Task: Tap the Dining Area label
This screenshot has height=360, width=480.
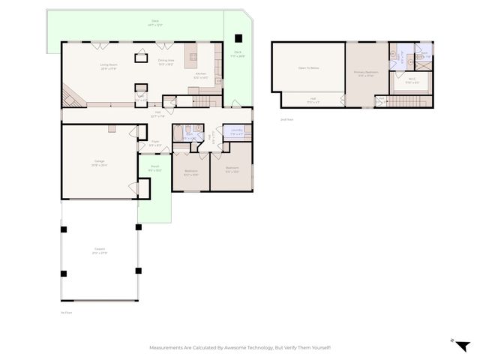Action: coord(166,61)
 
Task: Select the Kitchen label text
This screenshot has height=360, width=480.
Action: coord(201,75)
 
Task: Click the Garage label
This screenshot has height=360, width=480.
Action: coord(99,163)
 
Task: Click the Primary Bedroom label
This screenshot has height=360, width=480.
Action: coord(364,73)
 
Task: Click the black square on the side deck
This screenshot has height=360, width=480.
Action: coord(238,38)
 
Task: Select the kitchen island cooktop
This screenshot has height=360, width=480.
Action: coord(193,56)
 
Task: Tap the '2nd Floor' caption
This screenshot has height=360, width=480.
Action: coord(286,119)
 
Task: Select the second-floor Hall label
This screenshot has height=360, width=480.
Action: coord(313,99)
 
